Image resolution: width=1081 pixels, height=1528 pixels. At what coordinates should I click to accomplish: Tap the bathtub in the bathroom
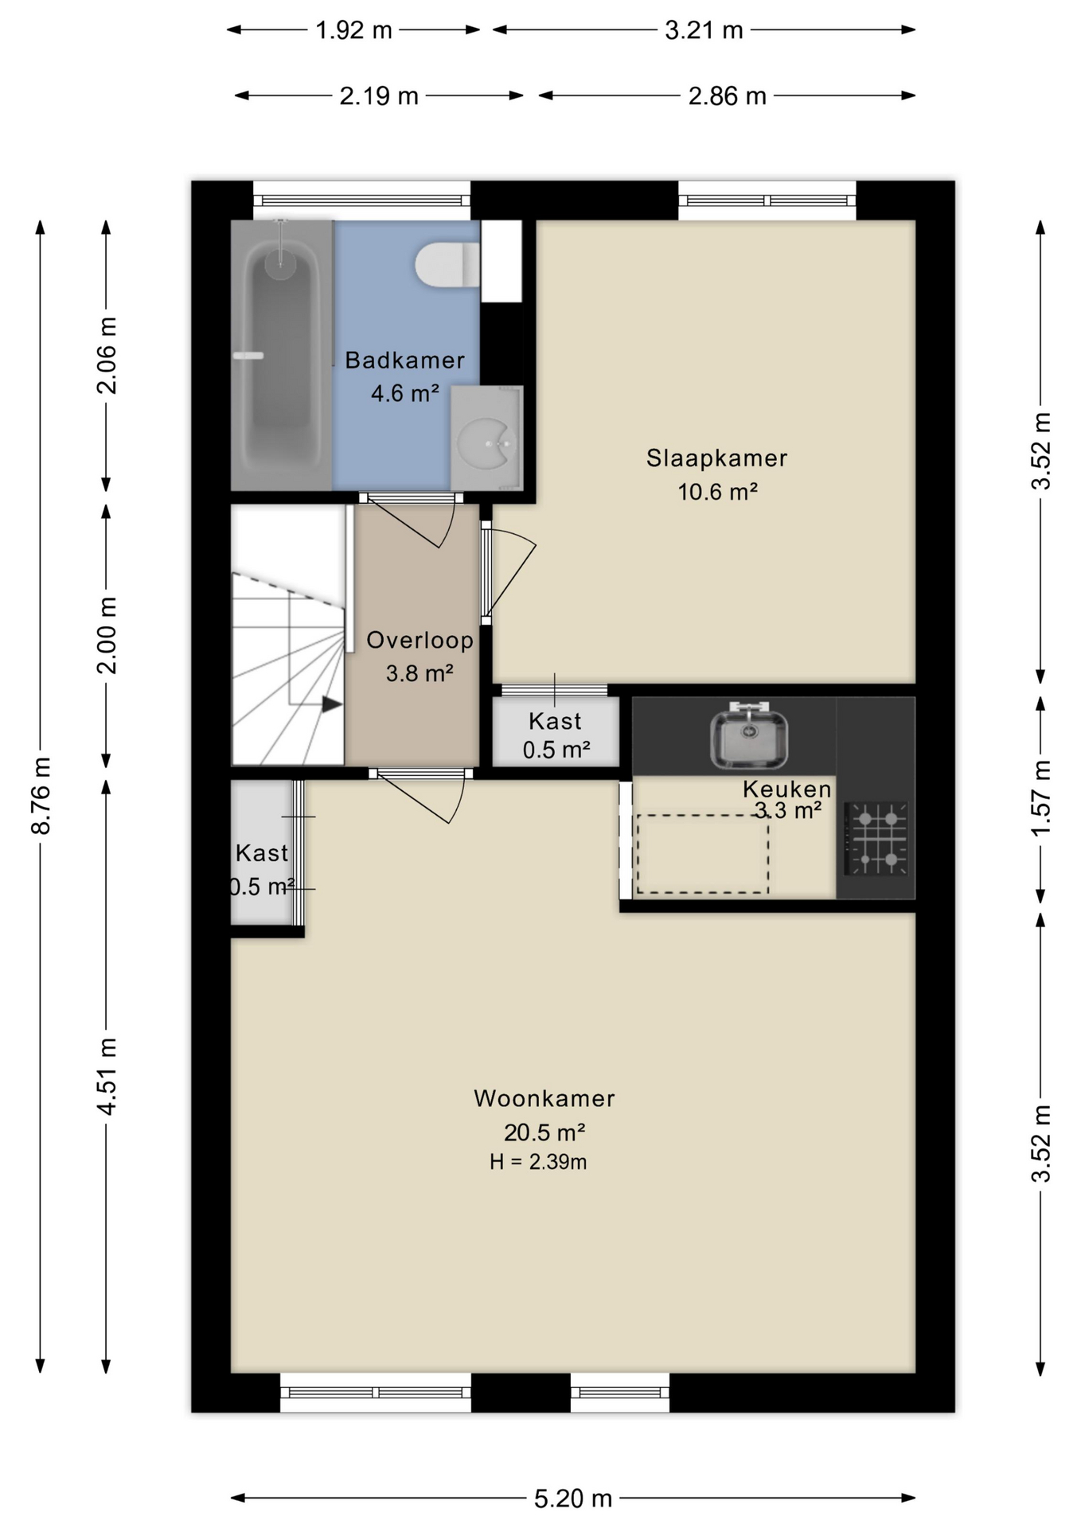point(281,355)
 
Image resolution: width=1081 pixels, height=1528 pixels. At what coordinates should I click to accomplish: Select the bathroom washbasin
point(486,439)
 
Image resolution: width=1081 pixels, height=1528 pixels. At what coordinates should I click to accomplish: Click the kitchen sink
point(749,736)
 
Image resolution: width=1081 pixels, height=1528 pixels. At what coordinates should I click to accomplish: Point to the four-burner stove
point(876,839)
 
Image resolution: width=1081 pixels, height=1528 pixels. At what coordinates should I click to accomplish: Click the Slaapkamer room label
point(716,458)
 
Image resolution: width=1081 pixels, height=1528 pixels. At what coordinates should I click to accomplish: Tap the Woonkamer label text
point(544,1098)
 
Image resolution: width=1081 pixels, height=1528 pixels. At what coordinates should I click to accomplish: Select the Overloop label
point(420,640)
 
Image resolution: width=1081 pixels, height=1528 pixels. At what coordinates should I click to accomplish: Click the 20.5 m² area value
point(544,1132)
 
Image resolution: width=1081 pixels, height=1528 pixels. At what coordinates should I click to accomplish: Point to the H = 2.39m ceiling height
point(538,1162)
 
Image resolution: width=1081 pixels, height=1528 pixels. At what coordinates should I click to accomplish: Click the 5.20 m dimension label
point(572,1499)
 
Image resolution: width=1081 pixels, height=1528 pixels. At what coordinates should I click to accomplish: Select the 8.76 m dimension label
point(41,796)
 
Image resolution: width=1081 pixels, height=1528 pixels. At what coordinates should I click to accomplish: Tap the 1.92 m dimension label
point(353,30)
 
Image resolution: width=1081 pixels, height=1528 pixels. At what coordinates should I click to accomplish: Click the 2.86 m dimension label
point(727,96)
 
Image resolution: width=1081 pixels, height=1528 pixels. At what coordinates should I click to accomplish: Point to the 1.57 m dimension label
point(1040,798)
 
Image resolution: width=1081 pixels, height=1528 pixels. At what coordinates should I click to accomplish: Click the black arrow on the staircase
point(332,704)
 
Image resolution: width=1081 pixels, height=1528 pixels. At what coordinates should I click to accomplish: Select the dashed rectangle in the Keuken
point(703,854)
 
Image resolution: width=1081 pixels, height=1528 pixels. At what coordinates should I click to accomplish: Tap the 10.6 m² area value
point(716,492)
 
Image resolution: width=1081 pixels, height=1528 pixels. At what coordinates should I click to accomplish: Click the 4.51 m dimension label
point(107,1076)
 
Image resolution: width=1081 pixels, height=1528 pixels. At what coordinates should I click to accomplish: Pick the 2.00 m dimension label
point(107,635)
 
